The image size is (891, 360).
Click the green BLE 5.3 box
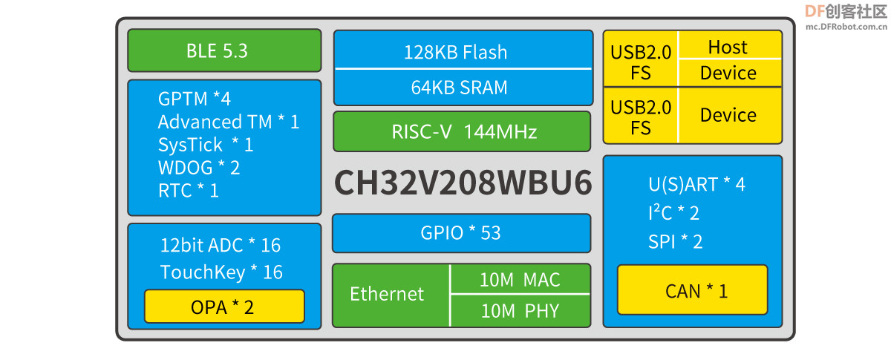224,50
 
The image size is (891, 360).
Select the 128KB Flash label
455,52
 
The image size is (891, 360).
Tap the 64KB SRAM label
459,87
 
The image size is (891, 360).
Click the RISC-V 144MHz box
462,131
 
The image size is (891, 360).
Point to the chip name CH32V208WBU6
463,183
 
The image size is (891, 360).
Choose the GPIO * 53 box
461,233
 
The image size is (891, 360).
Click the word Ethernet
387,294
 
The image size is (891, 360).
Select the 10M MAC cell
520,279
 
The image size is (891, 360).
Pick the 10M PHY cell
520,311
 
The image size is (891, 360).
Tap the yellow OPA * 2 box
224,307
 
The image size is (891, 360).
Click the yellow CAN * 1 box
693,290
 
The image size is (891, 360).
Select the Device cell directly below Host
730,73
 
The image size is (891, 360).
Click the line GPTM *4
194,99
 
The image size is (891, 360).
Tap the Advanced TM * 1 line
229,122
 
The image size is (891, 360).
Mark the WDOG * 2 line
199,168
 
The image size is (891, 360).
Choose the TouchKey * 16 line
221,272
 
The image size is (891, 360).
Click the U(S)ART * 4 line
696,185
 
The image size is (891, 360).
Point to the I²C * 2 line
673,212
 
